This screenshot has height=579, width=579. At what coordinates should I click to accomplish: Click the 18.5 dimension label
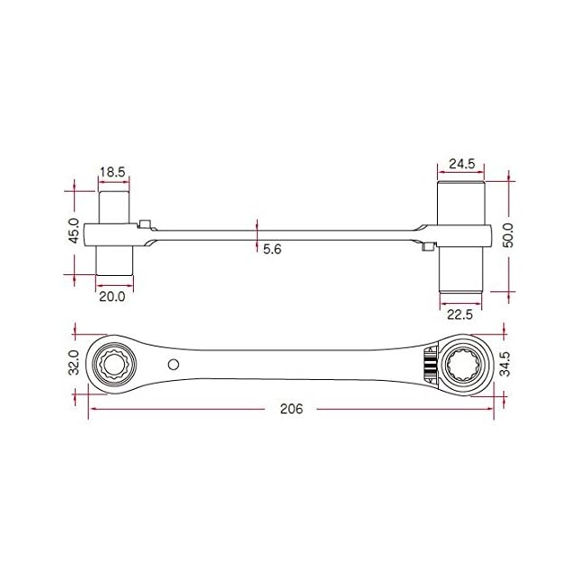pos(112,172)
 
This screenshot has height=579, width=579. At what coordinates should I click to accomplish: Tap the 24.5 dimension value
pos(461,164)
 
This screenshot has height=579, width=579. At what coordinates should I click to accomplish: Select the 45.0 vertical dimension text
pos(74,231)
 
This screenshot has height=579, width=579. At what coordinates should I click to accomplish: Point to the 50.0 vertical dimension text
pos(508,235)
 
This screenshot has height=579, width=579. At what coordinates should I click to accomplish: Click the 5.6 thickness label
pos(272,250)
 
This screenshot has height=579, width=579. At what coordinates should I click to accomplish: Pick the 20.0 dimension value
pos(112,297)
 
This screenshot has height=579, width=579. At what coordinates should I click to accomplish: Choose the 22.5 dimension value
pos(460,315)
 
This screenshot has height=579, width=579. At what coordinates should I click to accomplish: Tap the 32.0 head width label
pos(74,362)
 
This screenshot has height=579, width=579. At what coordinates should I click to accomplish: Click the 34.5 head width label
pos(505,364)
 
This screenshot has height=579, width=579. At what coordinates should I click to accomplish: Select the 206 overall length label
pos(291,409)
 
